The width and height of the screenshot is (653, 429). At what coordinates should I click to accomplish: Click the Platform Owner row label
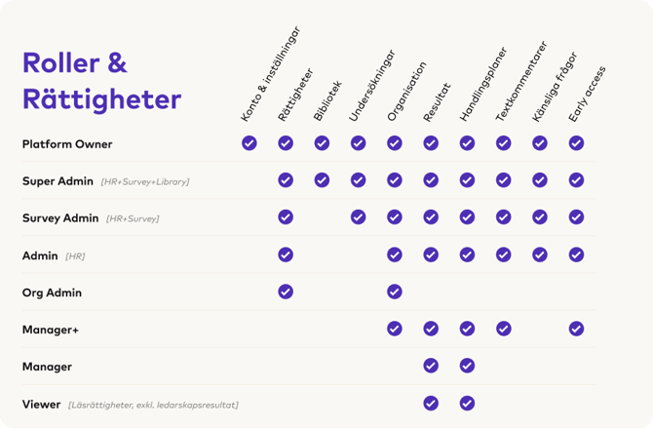67,144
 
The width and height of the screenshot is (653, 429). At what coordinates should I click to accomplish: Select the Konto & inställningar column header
270,74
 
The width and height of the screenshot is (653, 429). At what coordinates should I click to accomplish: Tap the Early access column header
587,95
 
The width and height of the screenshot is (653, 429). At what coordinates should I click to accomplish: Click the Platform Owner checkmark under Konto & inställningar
250,143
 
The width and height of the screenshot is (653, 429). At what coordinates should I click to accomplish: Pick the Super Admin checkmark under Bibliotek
322,180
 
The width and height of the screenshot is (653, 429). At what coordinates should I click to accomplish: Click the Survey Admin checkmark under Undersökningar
358,217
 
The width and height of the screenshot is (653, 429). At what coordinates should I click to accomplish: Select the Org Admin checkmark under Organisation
395,292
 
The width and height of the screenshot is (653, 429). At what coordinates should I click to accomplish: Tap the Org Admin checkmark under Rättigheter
286,292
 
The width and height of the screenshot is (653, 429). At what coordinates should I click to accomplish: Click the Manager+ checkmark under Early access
576,329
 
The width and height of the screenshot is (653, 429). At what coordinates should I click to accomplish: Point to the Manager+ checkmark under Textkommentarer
504,329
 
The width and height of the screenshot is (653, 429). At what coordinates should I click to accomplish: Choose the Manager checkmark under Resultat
431,366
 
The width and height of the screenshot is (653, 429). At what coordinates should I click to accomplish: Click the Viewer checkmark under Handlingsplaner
467,404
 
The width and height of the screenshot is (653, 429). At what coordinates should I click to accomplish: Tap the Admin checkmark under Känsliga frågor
540,254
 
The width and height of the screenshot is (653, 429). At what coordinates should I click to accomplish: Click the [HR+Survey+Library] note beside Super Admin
145,181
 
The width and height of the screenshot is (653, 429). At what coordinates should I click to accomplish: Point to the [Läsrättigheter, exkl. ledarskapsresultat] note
153,405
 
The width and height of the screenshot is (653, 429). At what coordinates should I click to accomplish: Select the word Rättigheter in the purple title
102,99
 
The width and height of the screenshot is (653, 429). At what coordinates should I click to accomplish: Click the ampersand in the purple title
117,63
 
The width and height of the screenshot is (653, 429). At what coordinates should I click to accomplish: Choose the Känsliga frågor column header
555,87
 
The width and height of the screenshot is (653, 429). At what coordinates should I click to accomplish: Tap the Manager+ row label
51,330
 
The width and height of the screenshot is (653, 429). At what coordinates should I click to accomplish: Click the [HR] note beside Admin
75,256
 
